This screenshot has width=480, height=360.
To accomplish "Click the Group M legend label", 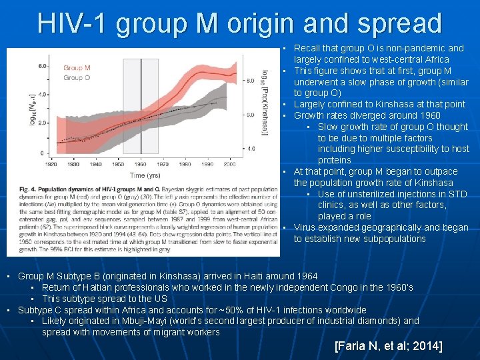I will click(77, 68).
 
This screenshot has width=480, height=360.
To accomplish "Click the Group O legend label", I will click(77, 77).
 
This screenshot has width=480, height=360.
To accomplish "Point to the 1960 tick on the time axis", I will click(141, 164).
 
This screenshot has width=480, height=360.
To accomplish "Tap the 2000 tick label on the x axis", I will click(229, 164).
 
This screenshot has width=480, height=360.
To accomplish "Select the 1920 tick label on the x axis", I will click(51, 164).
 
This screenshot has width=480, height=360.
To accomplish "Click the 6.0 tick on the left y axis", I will click(43, 66).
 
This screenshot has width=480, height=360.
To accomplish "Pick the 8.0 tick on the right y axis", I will click(250, 80).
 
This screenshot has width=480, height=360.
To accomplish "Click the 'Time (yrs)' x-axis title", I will click(145, 175).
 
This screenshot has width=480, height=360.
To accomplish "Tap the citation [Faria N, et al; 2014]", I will click(388, 346).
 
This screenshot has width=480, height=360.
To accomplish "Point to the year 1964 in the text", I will click(306, 276).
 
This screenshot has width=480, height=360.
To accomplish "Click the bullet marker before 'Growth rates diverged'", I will click(284, 116).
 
